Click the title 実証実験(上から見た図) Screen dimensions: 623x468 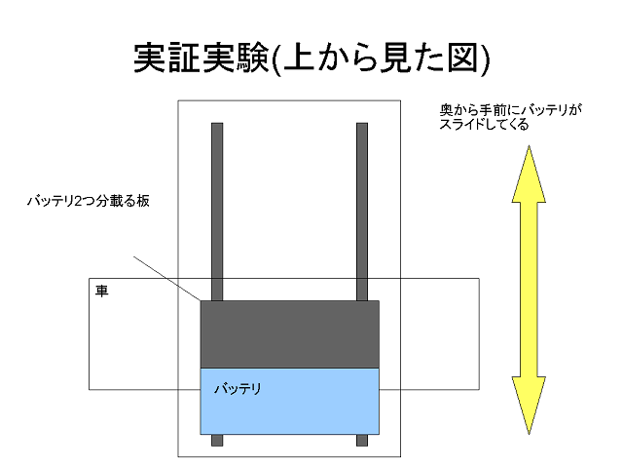(311, 58)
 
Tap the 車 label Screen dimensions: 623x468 (101, 291)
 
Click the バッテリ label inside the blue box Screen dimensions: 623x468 (238, 388)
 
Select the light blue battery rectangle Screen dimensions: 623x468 (290, 401)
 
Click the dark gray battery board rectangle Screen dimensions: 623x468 (290, 334)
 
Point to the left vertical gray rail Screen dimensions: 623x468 (217, 212)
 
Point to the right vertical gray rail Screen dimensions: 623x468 (362, 212)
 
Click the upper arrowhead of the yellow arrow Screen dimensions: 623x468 (529, 175)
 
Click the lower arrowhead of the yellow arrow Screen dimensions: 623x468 (529, 404)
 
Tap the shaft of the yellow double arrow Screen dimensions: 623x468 (529, 290)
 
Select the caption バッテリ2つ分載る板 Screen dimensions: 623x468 (89, 201)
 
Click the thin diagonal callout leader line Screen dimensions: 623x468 (166, 279)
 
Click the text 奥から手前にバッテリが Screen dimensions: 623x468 (510, 110)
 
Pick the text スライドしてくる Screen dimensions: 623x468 (484, 124)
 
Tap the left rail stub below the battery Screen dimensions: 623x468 (217, 440)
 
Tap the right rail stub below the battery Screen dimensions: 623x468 (362, 440)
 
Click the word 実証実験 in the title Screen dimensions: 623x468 (202, 58)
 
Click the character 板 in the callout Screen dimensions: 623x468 (143, 201)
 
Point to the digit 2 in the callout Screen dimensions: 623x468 (78, 202)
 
